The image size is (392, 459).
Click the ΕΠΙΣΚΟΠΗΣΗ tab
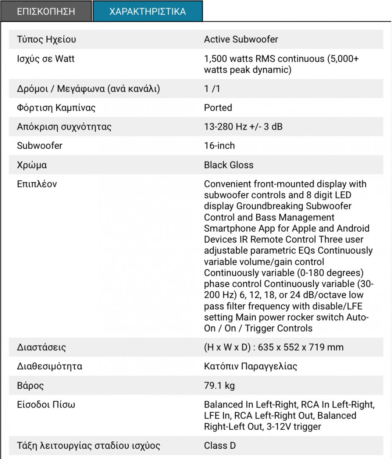(46, 11)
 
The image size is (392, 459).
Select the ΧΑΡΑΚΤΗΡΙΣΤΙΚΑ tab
(147, 11)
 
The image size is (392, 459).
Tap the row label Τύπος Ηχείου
(47, 40)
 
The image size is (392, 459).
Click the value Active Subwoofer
(241, 40)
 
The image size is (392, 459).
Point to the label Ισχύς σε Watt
(46, 59)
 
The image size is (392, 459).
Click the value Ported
(218, 108)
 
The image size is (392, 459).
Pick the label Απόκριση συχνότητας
(64, 127)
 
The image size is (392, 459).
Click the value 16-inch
(219, 146)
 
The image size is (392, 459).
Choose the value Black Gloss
(228, 165)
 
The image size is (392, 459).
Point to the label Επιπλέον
(37, 184)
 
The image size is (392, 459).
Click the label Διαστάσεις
(42, 347)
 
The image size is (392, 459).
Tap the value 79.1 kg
(219, 386)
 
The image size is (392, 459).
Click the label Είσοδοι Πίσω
(46, 405)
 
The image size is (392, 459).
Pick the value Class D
(220, 446)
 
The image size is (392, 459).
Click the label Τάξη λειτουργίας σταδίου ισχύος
(89, 446)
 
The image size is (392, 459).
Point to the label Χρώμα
(32, 165)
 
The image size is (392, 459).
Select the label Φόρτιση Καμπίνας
(56, 108)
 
